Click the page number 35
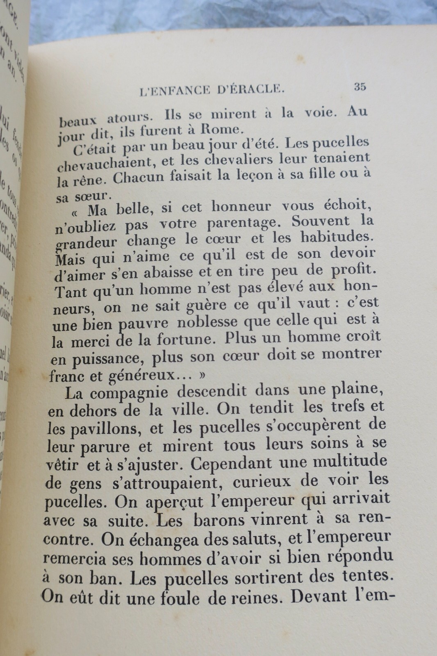[360, 87]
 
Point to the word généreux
[119, 375]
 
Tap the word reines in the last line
[250, 597]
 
